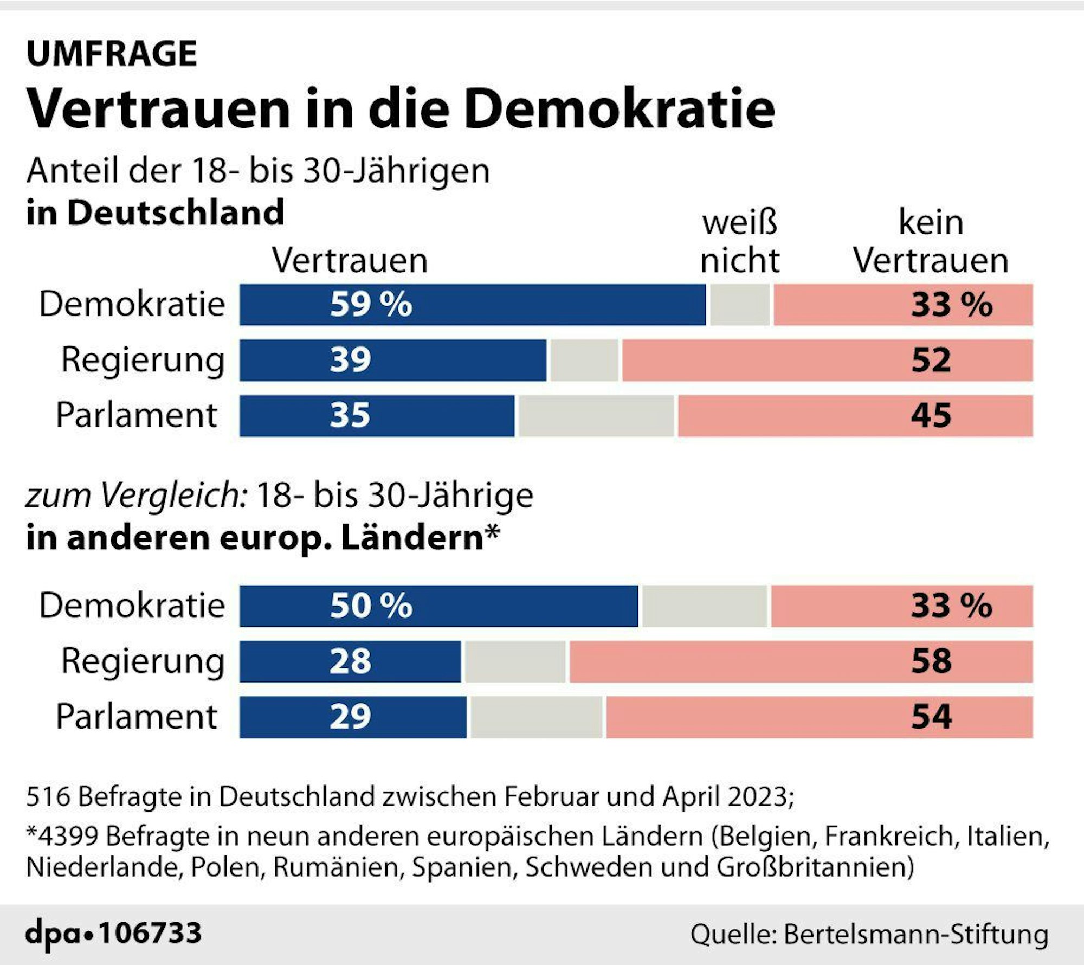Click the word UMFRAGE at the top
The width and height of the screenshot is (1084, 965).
112,54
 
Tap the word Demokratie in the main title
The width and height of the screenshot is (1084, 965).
619,110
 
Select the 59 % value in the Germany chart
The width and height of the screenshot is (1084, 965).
371,304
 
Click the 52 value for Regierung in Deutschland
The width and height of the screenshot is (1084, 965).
931,360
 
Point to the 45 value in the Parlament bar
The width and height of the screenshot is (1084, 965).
931,416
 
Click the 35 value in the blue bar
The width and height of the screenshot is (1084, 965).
350,416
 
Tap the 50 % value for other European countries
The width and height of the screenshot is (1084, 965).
371,606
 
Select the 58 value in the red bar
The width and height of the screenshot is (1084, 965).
931,661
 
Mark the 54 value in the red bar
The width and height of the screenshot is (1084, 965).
931,717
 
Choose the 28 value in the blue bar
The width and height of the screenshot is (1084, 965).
350,661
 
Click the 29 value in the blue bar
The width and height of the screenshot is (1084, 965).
350,717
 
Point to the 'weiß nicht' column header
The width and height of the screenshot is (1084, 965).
740,241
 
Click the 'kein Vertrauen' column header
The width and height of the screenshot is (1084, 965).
931,241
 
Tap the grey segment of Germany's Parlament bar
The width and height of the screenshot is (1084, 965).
596,416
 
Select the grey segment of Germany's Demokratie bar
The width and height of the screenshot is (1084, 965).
740,304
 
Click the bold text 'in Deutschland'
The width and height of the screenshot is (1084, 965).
155,212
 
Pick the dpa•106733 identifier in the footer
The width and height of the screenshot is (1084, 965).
113,934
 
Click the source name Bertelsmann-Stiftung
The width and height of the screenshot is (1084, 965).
916,934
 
